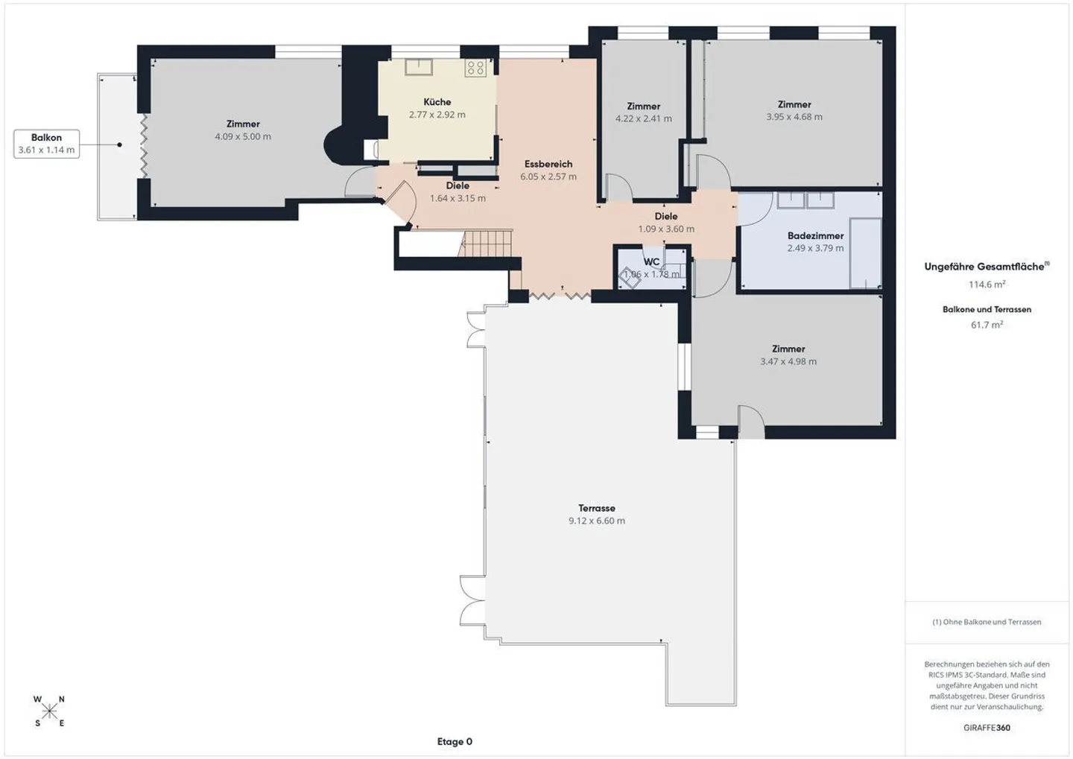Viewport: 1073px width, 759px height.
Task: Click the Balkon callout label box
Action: point(46,143)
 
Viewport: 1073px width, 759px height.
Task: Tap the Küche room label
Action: point(437,102)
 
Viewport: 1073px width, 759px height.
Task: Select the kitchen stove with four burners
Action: point(475,69)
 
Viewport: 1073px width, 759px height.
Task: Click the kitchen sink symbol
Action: point(419,67)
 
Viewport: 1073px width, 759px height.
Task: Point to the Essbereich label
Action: point(548,164)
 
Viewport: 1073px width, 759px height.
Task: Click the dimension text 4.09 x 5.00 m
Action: point(243,137)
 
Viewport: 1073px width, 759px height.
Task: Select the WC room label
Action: point(651,262)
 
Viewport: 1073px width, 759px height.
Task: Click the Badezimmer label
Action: point(815,236)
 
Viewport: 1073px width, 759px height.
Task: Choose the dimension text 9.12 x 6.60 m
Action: point(596,521)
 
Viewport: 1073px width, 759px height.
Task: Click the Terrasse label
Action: point(597,509)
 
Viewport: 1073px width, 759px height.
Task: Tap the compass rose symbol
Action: point(49,711)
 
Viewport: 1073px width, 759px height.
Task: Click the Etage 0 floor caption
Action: point(455,742)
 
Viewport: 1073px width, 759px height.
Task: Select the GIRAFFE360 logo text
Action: point(987,728)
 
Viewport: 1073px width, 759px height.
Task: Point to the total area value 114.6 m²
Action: point(987,285)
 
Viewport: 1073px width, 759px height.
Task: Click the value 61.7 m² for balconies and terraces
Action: point(987,325)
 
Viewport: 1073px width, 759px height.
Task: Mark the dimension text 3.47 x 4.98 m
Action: point(788,362)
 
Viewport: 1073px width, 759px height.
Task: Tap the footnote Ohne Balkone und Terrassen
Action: point(987,622)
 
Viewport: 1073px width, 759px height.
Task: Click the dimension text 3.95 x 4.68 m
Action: point(794,117)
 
